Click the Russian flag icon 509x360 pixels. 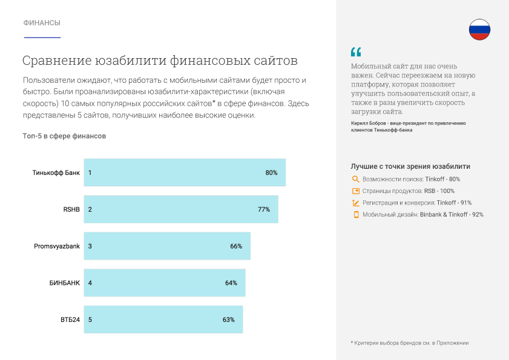click(x=479, y=29)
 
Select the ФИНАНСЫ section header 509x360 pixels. click(x=42, y=23)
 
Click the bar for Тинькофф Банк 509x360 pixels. click(x=182, y=172)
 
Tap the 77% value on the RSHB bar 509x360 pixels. click(x=264, y=209)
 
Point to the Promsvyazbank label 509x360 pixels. click(x=57, y=246)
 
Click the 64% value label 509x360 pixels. click(x=231, y=283)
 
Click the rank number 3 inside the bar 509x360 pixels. click(x=90, y=246)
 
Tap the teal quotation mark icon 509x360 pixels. click(x=355, y=52)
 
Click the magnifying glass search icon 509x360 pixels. click(x=356, y=179)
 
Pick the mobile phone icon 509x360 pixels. click(x=356, y=214)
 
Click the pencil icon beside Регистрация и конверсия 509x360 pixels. click(x=356, y=203)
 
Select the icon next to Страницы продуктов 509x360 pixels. click(x=356, y=191)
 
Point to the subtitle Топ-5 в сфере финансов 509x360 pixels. click(x=64, y=136)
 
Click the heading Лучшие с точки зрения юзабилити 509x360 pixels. click(x=410, y=166)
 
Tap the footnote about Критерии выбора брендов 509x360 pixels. click(x=410, y=343)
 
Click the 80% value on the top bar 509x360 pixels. click(x=271, y=172)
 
